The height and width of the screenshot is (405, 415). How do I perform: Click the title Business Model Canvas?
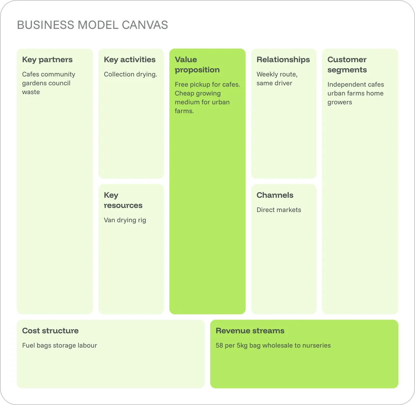[x=92, y=25]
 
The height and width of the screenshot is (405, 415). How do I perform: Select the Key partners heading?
[x=47, y=60]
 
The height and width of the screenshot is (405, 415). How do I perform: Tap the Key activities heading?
[x=130, y=60]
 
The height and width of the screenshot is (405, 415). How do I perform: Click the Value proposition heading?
[x=197, y=65]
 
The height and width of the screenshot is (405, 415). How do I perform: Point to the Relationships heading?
[x=283, y=60]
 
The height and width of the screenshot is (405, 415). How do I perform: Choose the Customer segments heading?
[x=347, y=65]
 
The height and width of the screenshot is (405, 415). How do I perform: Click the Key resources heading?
[x=123, y=200]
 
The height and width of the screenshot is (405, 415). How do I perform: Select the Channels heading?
[x=275, y=195]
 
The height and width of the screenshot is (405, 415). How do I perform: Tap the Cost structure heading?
[x=50, y=331]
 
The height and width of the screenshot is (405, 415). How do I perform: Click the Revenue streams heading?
[x=250, y=331]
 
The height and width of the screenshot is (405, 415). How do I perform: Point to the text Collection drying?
[x=130, y=74]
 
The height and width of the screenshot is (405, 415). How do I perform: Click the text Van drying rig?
[x=125, y=220]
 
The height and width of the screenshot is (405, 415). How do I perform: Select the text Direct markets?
[x=279, y=210]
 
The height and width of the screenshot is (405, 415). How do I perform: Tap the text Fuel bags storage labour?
[x=59, y=346]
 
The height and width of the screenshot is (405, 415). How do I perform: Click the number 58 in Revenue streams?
[x=219, y=346]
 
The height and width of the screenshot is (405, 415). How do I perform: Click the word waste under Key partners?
[x=31, y=92]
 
